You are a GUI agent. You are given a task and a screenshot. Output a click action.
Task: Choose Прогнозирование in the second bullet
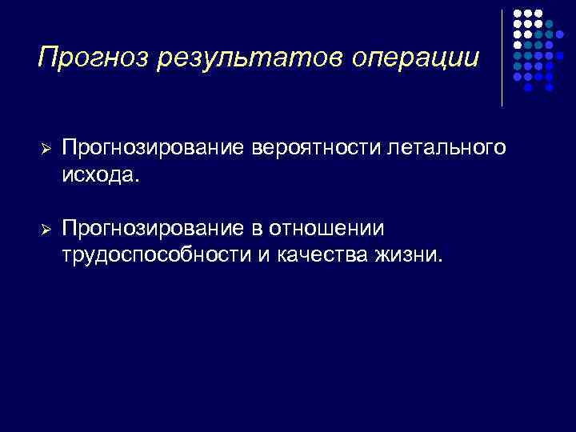[155, 230]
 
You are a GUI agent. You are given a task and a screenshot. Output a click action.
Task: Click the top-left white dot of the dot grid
[517, 14]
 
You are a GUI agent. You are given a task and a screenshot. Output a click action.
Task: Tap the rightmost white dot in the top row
[539, 14]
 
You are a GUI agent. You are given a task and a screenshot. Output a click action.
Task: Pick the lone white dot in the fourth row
[517, 46]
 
